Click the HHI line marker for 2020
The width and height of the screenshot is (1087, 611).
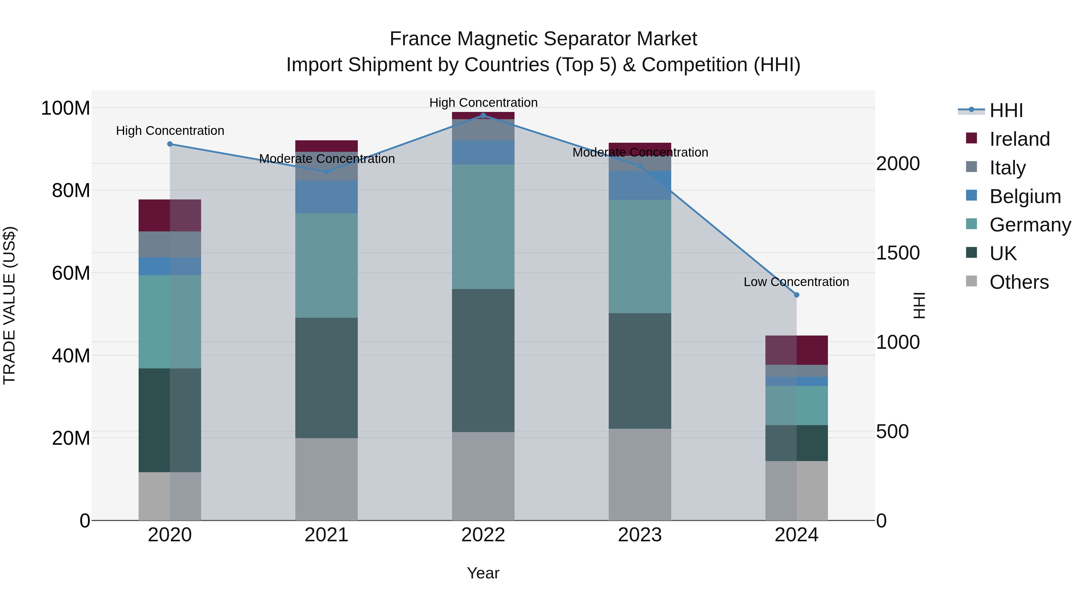coord(170,144)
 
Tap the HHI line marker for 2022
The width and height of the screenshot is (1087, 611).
coord(483,115)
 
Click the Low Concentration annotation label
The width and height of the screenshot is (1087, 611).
coord(796,282)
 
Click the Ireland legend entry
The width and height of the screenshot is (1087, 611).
coord(1019,139)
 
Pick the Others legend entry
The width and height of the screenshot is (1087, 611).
coord(1019,282)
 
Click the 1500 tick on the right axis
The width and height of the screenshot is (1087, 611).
coord(898,253)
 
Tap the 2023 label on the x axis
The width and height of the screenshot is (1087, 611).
coord(640,535)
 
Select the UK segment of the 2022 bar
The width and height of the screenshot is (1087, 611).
coord(483,361)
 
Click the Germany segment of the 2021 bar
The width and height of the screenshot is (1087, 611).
coord(326,266)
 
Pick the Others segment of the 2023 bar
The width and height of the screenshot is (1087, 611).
coord(640,474)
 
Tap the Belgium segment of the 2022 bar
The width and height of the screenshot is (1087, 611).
coord(483,152)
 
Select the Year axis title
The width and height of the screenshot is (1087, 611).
coord(483,573)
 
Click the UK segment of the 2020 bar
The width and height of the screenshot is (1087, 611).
coord(170,420)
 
